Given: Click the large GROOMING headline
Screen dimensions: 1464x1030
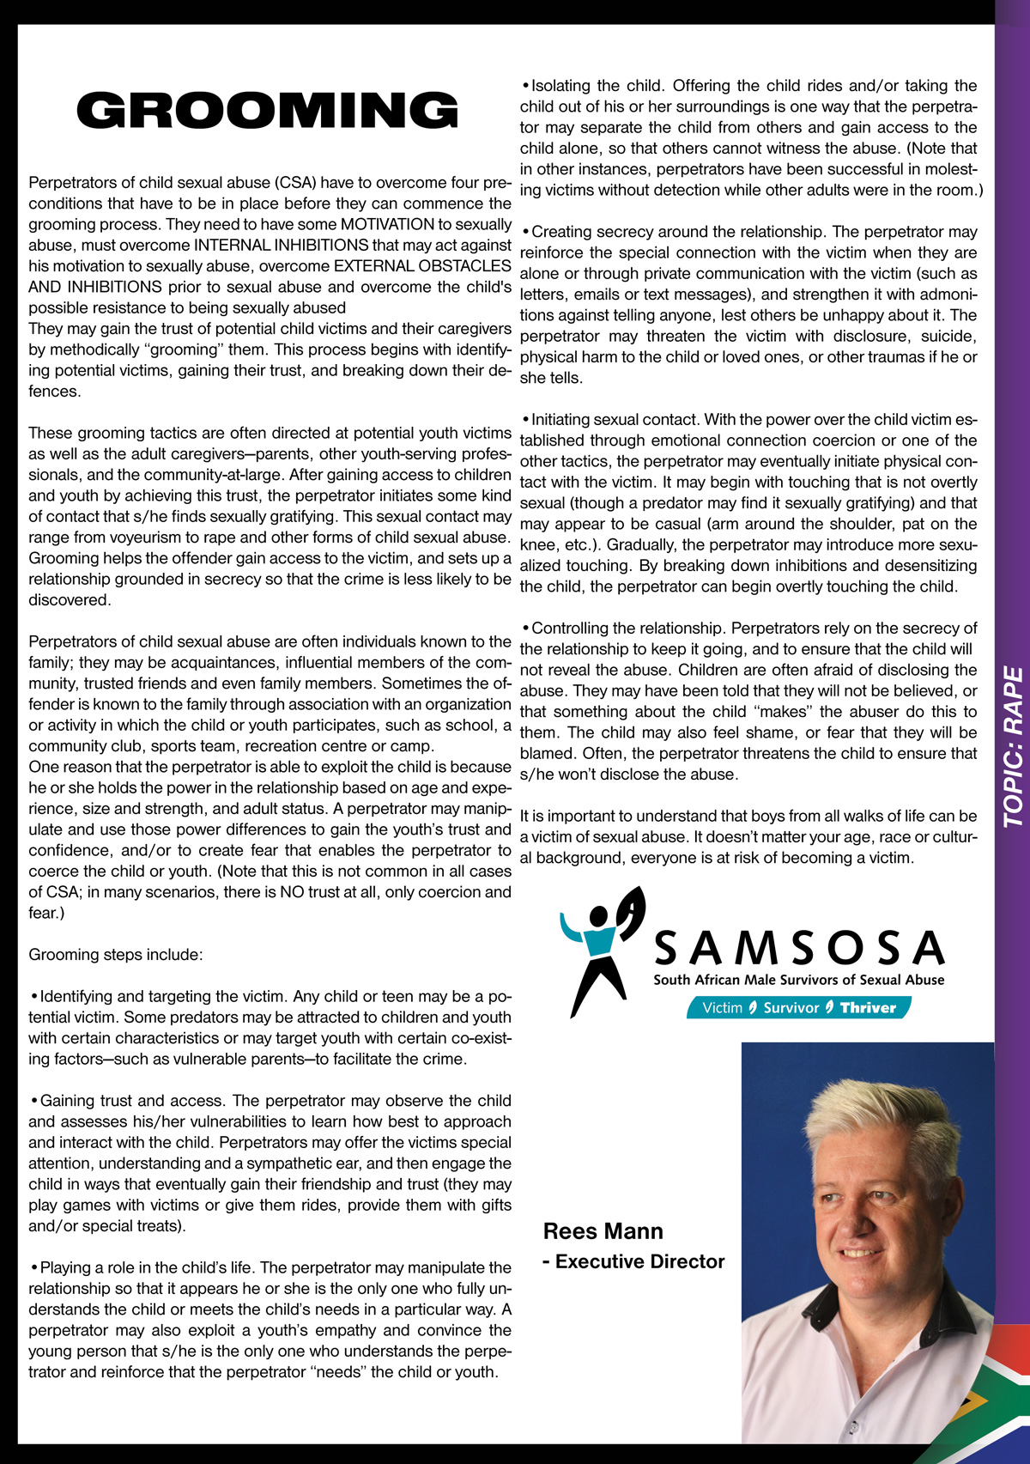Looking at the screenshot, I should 268,111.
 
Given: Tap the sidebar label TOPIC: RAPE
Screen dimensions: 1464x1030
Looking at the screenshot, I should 1014,746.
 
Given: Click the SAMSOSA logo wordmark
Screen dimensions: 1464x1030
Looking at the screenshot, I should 799,948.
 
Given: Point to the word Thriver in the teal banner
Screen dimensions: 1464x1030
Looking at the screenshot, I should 868,1008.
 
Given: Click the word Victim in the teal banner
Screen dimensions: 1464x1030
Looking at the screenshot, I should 722,1008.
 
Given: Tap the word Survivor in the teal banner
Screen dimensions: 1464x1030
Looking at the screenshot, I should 791,1008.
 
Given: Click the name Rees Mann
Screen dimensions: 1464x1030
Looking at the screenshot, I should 603,1231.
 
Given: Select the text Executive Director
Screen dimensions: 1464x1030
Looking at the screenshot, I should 639,1261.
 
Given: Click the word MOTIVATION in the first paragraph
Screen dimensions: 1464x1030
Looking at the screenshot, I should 388,225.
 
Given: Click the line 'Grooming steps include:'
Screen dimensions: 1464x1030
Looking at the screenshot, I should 116,955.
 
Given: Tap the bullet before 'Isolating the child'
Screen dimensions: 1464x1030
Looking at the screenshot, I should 525,86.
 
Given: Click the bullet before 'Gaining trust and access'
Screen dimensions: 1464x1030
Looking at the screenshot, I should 34,1101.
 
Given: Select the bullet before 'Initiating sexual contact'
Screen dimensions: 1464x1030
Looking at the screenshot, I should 525,420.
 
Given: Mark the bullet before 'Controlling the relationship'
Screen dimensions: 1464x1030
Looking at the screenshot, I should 525,629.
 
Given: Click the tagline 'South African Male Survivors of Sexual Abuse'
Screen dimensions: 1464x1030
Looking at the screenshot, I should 798,980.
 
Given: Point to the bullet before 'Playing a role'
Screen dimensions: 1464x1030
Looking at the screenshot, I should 34,1268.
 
